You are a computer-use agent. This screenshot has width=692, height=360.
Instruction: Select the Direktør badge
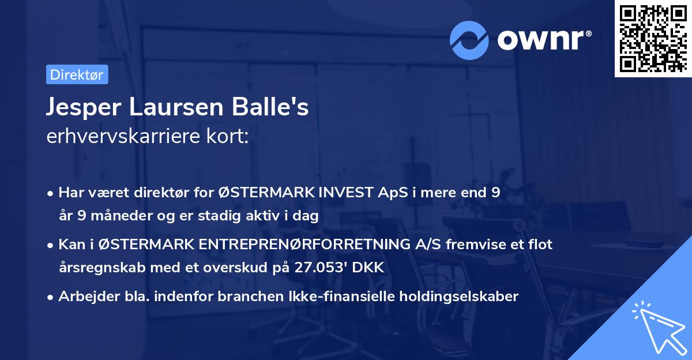click(77, 74)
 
